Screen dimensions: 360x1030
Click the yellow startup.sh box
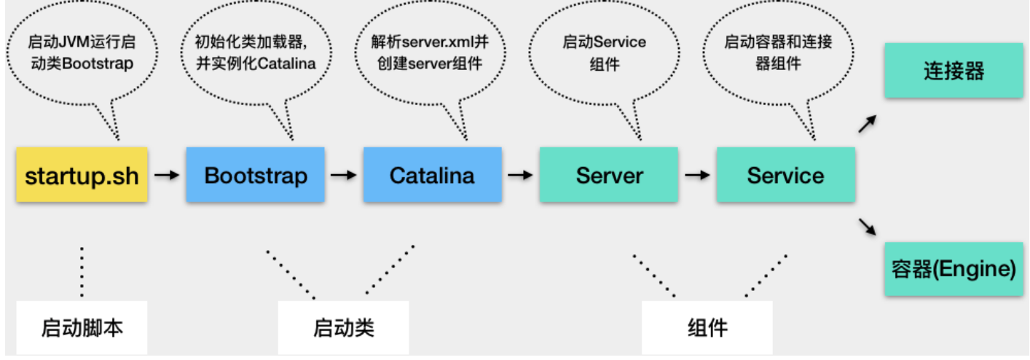[x=82, y=175]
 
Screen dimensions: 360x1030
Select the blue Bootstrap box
[x=256, y=175]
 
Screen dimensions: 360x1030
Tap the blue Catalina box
[x=432, y=175]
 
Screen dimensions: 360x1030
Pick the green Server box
[x=609, y=175]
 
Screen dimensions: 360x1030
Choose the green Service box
[x=785, y=175]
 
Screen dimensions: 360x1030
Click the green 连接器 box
[x=954, y=71]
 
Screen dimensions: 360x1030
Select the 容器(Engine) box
[x=954, y=269]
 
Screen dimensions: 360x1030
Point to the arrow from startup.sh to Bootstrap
[x=168, y=175]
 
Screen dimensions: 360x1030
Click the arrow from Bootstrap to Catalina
[x=344, y=175]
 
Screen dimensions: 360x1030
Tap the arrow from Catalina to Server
[x=520, y=175]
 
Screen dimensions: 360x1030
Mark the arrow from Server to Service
[x=697, y=175]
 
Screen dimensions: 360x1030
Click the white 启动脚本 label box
[x=82, y=328]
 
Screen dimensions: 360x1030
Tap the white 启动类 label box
[x=343, y=328]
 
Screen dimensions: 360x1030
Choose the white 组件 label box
[x=707, y=328]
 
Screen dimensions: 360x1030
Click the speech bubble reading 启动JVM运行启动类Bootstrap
[x=81, y=53]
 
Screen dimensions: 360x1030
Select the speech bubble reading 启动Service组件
[x=604, y=53]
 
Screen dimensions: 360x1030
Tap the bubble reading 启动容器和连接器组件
[x=778, y=53]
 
